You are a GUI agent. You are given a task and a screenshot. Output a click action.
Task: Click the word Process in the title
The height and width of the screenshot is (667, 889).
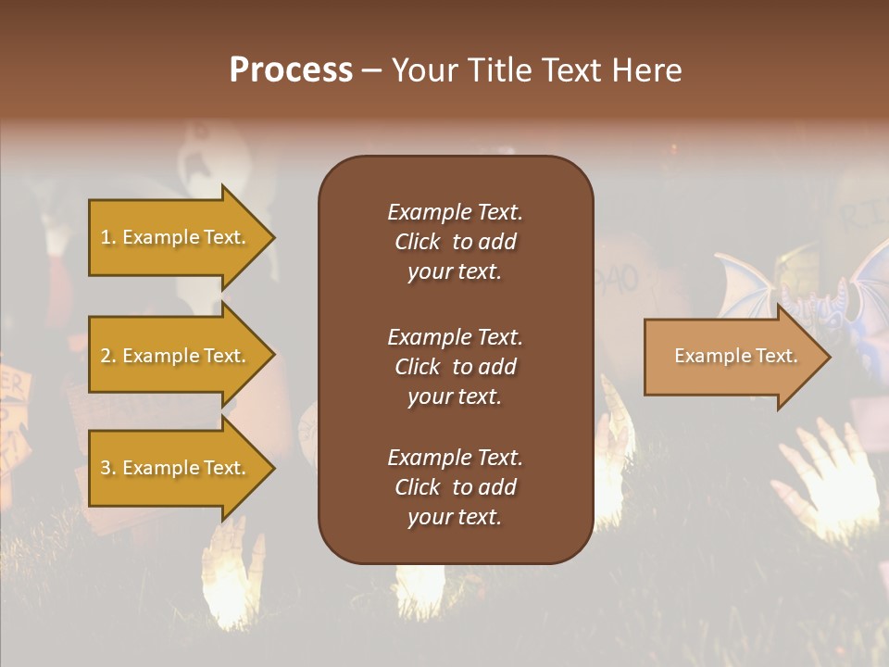(x=291, y=70)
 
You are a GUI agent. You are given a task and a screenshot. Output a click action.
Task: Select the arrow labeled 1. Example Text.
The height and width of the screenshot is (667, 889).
(x=176, y=237)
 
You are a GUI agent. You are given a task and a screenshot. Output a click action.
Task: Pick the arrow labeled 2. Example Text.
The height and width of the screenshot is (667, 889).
(x=176, y=356)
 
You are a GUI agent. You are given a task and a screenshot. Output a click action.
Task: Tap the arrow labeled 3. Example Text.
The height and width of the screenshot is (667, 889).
(x=176, y=468)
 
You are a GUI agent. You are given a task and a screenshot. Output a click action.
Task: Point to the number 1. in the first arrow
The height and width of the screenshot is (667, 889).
(x=108, y=238)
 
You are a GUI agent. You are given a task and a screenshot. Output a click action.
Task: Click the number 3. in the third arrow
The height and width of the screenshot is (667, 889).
(x=108, y=469)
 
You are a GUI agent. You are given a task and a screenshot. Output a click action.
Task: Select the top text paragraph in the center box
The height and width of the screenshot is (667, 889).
(x=455, y=242)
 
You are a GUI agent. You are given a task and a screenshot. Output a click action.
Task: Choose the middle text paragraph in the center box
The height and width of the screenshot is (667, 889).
(x=455, y=366)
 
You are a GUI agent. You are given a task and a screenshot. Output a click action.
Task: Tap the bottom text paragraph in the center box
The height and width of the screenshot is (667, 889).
(x=455, y=487)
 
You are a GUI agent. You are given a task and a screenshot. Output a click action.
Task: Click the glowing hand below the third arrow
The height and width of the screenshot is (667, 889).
(x=227, y=570)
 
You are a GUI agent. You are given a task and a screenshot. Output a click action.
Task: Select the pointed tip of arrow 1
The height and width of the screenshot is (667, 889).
(x=272, y=237)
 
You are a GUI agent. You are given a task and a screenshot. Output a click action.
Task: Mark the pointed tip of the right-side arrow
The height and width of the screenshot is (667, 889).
(x=828, y=357)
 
